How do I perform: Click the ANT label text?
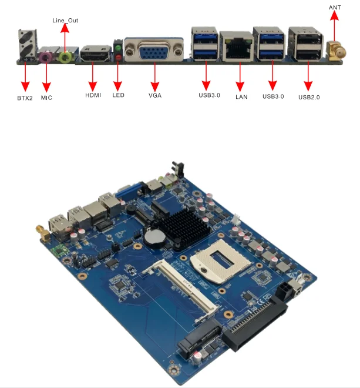coord(335,6)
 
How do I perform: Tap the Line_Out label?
coord(65,21)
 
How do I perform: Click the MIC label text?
coord(46,97)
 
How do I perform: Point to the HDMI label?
coord(94,95)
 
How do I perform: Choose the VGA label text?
coord(155,95)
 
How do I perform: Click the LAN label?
coord(241,96)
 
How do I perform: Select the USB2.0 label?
coord(309,96)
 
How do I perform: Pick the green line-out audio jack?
coord(66,56)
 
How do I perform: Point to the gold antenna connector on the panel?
coord(336,52)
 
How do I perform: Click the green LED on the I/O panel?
coord(118,47)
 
